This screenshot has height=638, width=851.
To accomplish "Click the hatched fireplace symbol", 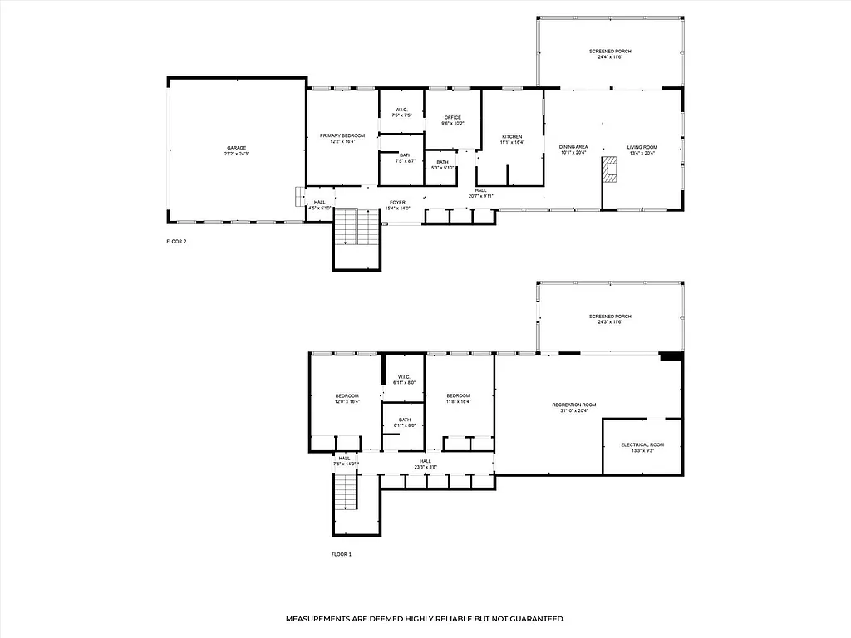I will pos(611,172).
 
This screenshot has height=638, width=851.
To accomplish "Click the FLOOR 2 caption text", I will pos(177,242).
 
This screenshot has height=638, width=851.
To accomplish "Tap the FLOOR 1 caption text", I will pos(342,554).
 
